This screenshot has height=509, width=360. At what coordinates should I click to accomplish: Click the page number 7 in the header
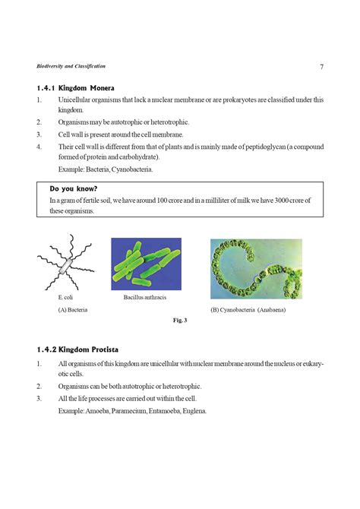point(322,67)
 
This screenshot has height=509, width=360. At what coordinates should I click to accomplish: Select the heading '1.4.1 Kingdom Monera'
point(75,87)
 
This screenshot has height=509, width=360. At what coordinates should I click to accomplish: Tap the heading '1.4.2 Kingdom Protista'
point(77,349)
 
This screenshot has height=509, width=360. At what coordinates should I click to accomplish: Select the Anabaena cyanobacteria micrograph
point(256,268)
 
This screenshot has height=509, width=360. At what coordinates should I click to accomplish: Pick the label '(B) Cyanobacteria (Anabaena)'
point(250,310)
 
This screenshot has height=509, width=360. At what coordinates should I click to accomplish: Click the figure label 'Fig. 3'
point(180,321)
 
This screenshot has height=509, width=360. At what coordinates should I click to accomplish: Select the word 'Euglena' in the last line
point(193,411)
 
